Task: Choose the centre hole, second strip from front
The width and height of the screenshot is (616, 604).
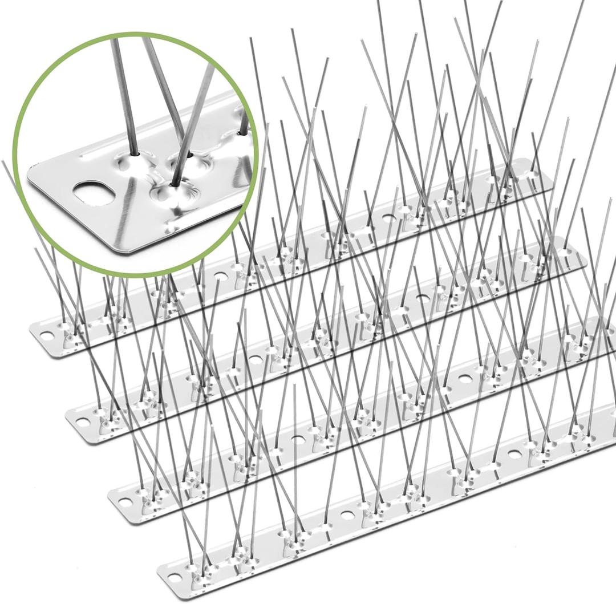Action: coord(297,439)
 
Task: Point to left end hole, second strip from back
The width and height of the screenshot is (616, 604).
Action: coord(83,423)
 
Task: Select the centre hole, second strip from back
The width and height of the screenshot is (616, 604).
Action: coord(255,359)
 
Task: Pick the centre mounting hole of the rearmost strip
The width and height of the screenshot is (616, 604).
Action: coord(219,275)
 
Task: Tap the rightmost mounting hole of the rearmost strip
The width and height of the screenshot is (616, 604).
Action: coord(388,217)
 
